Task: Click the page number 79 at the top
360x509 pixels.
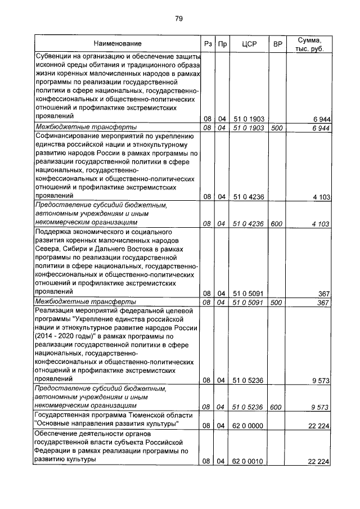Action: (x=179, y=19)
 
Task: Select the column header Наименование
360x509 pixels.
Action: (x=118, y=43)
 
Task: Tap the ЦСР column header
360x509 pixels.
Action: (x=249, y=43)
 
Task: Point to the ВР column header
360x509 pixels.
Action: (x=277, y=43)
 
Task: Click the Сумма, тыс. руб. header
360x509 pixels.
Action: (x=309, y=43)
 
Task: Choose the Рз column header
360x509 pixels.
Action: (x=207, y=43)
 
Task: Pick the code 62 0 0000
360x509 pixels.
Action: (x=249, y=425)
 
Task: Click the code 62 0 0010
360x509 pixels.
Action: (x=249, y=461)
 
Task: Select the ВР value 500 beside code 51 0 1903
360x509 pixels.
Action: (x=276, y=128)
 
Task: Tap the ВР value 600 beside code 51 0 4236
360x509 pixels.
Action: (x=276, y=223)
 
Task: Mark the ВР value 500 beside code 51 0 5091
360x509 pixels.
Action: (x=276, y=302)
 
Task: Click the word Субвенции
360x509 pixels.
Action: (x=56, y=56)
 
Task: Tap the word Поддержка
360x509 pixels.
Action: (x=56, y=231)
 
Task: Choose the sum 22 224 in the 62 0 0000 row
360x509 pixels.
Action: (x=318, y=425)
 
